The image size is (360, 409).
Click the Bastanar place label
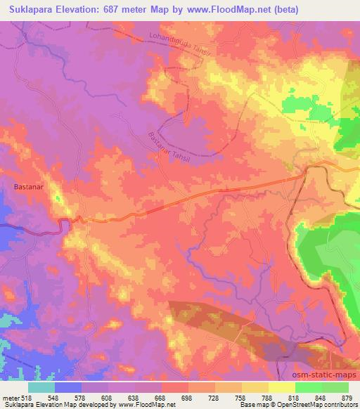tap(29, 187)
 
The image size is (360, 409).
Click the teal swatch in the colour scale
tap(41, 387)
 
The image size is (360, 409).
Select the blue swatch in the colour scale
tap(68, 387)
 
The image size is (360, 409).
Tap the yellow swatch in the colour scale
tap(281, 387)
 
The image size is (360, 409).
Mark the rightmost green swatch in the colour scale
tap(335, 387)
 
